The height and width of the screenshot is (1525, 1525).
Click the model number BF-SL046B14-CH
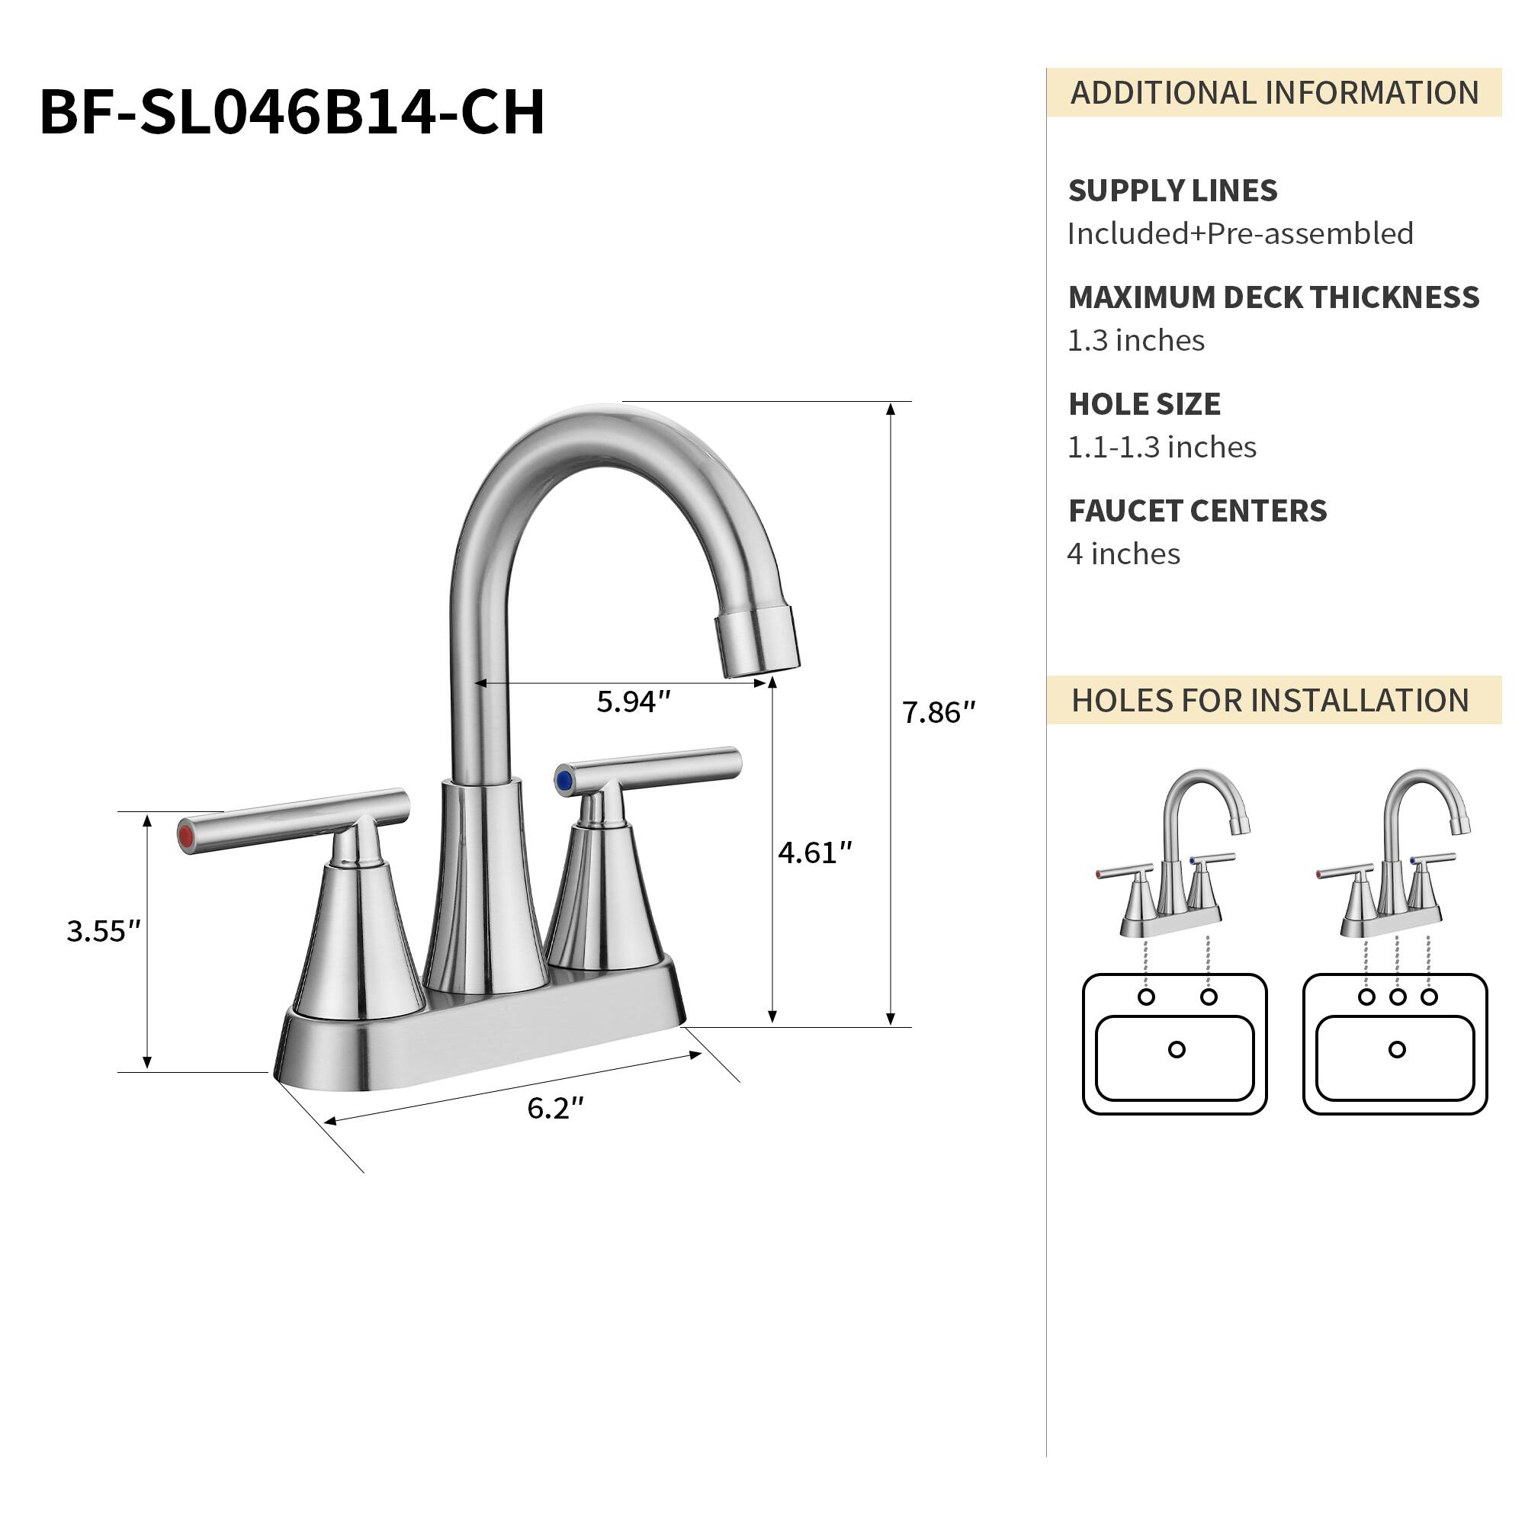tap(292, 112)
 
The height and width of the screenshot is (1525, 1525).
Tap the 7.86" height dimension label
tap(938, 713)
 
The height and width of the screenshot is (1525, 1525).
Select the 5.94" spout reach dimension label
tap(632, 701)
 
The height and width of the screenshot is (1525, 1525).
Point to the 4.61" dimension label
tap(814, 853)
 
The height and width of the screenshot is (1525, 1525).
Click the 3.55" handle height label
tap(103, 932)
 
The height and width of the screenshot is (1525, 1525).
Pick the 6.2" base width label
tap(555, 1109)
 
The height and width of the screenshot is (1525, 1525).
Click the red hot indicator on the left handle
tap(187, 837)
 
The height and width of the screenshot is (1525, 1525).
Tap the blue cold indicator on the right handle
tap(563, 782)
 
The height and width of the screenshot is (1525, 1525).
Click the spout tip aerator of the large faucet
tap(758, 644)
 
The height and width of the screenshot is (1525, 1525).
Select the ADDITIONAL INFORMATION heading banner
tap(1273, 92)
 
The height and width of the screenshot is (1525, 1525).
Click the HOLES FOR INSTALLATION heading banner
tap(1270, 700)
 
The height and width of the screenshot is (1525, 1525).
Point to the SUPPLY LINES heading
tap(1172, 190)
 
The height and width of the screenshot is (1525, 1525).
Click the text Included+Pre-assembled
tap(1239, 233)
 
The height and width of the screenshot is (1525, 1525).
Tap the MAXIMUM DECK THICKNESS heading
tap(1273, 297)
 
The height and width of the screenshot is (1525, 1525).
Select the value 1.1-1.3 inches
tap(1161, 448)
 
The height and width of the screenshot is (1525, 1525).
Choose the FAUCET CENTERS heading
tap(1197, 511)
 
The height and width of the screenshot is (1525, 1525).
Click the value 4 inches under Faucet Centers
tap(1123, 554)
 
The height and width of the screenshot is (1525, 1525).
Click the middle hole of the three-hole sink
tap(1397, 997)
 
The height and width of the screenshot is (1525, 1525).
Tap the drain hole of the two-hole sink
tap(1176, 1049)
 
